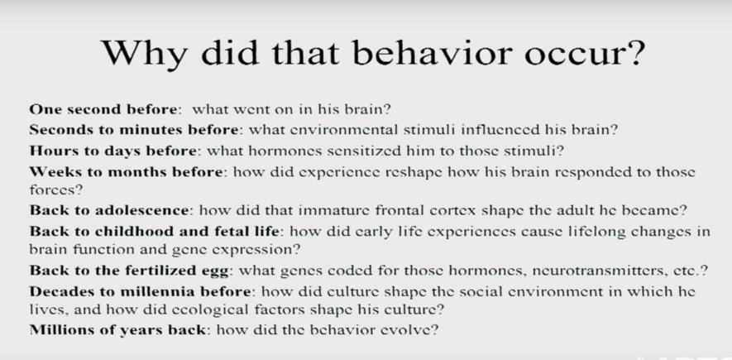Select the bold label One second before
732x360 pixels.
tap(103, 109)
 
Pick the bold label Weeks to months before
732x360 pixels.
tap(126, 172)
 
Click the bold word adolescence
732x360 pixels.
tap(141, 210)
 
